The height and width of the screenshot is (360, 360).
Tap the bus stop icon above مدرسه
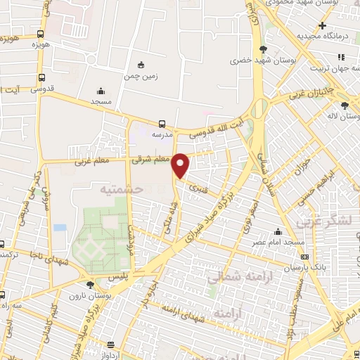162,122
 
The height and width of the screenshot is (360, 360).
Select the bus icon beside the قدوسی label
41,78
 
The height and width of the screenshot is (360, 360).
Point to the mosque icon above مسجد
101,91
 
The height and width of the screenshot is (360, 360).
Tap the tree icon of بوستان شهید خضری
263,49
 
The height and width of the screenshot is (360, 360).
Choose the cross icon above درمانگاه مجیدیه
321,25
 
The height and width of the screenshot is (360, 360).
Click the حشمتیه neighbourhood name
120,189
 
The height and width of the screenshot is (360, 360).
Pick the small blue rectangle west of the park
60,227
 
